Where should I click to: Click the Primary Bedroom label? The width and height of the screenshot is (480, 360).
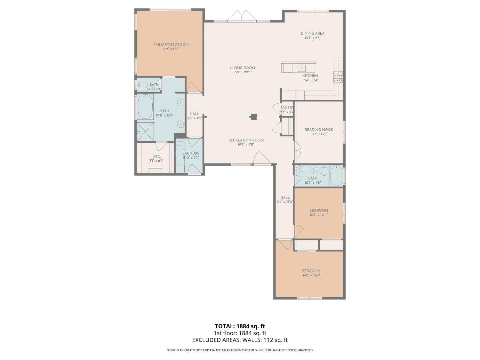coord(171,44)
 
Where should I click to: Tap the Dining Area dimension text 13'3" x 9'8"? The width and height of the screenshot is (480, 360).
coord(312,38)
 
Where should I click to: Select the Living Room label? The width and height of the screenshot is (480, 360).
coord(243,68)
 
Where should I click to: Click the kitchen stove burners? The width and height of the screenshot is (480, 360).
coord(338,77)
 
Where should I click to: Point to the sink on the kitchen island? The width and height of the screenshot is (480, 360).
coord(301,68)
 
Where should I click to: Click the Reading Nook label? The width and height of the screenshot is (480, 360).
coord(319,130)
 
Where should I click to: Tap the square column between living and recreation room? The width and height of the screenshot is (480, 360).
coord(254,117)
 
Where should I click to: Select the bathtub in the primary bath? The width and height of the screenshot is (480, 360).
coord(145,107)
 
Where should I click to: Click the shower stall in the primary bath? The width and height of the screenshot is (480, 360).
coord(145,131)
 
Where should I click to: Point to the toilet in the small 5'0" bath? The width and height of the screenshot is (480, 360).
coord(142,85)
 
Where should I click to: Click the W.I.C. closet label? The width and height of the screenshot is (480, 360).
coord(156,156)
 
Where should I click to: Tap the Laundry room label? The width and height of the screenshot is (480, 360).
coord(191,153)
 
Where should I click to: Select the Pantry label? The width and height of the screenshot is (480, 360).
coord(287,108)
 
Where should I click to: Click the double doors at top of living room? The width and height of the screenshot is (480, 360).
coord(242,16)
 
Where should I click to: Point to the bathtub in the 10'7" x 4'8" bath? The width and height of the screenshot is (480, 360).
coord(336,176)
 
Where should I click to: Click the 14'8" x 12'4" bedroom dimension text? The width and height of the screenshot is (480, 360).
coord(311,275)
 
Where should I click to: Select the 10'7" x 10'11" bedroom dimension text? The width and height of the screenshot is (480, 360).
coord(318,215)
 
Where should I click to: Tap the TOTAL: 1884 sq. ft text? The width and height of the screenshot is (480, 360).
coord(240,326)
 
